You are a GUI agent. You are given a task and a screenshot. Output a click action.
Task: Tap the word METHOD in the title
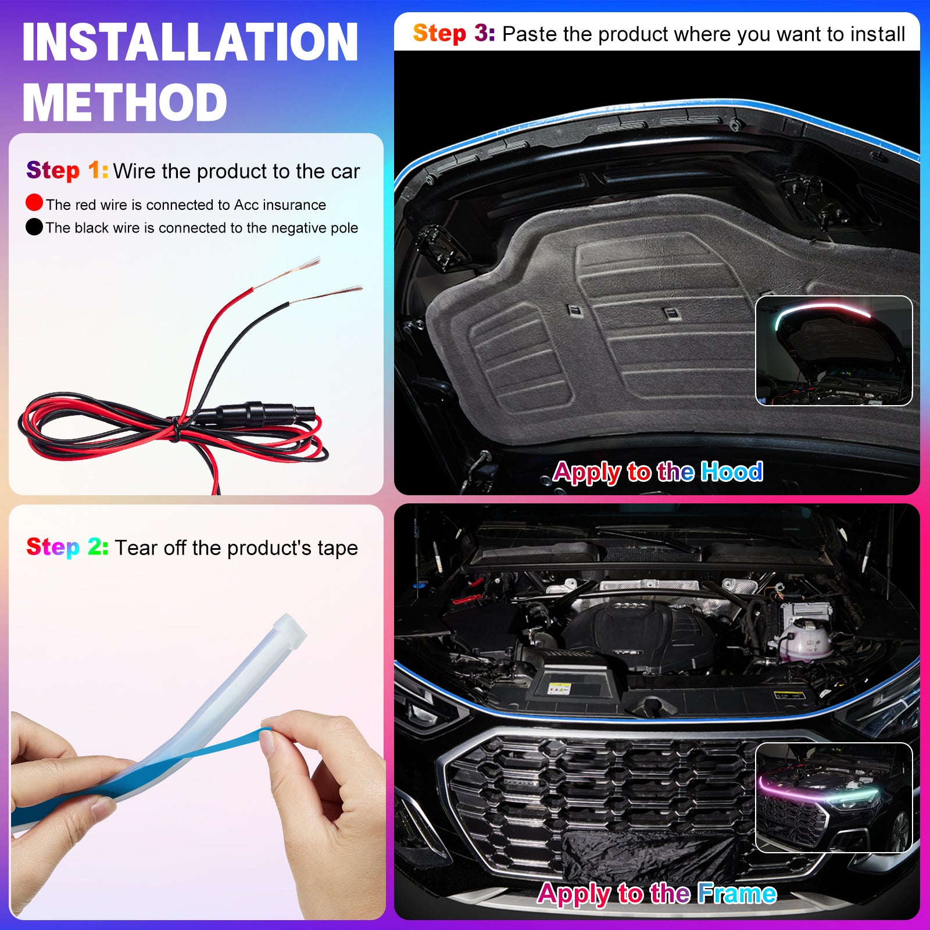(x=124, y=102)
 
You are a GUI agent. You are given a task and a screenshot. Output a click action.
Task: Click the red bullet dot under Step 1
(x=34, y=202)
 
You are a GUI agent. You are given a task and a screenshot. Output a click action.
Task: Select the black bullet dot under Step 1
(x=34, y=227)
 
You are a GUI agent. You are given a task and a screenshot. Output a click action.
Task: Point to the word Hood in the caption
(x=731, y=471)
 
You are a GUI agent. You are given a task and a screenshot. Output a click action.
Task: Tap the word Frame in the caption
(x=737, y=893)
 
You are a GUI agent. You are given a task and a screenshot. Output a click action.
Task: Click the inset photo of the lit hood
(x=834, y=350)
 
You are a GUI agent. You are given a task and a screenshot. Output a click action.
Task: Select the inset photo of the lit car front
(x=834, y=797)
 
